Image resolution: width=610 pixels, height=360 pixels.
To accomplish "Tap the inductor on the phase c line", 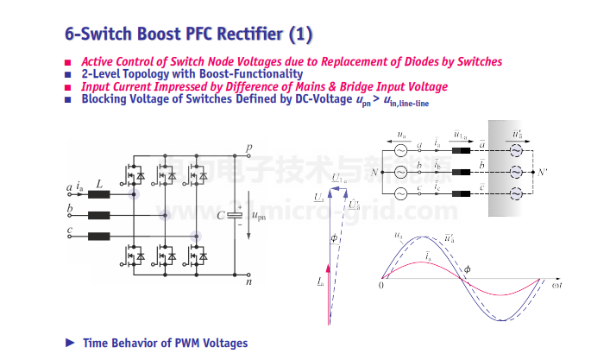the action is (98, 236).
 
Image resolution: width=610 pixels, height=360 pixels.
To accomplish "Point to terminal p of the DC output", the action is (249, 148).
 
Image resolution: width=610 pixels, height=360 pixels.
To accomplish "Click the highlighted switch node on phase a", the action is (134, 194).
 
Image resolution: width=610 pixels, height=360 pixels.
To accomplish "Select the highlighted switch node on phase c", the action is (197, 236).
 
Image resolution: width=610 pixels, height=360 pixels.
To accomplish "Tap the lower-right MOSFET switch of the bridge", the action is (195, 256).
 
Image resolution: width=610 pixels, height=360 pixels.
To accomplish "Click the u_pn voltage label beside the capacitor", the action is (256, 214).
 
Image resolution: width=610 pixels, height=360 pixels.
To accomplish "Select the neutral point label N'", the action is (542, 171).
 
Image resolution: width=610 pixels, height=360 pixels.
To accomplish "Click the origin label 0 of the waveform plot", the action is (380, 284).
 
